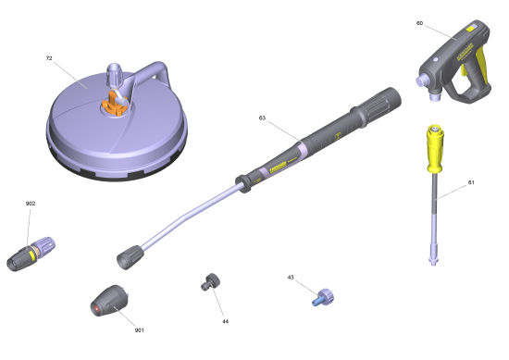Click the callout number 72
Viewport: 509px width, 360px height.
pos(49,58)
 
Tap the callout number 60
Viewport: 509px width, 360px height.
pos(419,23)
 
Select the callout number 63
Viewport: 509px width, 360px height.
pos(262,118)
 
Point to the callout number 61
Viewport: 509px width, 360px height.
pos(471,182)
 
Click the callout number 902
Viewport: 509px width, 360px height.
pos(31,204)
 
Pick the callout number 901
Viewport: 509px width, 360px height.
pos(139,330)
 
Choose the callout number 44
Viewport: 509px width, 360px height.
pos(225,321)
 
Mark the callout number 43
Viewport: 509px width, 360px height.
pos(291,278)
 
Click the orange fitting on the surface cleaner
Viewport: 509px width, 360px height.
pos(113,105)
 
